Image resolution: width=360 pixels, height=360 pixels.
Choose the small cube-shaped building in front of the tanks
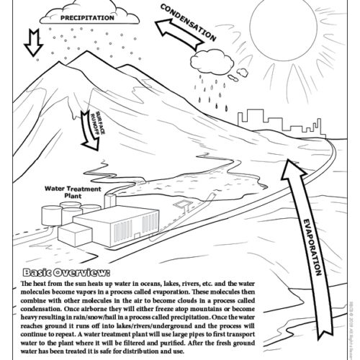coord(73,235)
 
